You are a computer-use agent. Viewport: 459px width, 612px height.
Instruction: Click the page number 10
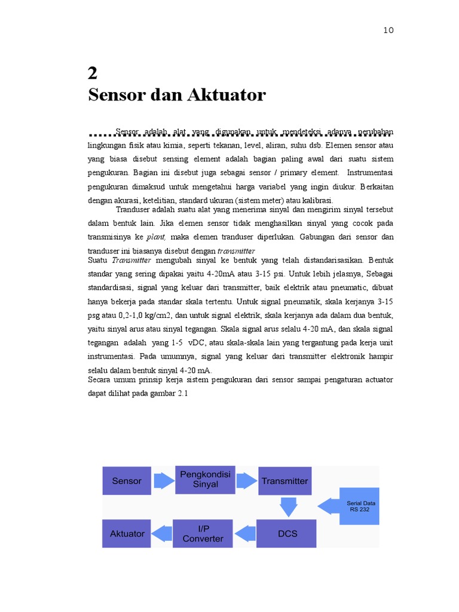pyautogui.click(x=388, y=30)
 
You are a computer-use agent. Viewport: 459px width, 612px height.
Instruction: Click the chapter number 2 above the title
pyautogui.click(x=92, y=74)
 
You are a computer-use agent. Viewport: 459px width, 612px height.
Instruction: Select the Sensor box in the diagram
pyautogui.click(x=126, y=481)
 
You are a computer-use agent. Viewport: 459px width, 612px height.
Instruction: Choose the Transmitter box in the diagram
pyautogui.click(x=284, y=481)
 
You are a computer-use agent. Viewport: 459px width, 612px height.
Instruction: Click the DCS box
pyautogui.click(x=286, y=533)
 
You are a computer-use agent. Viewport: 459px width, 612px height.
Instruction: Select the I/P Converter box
pyautogui.click(x=202, y=533)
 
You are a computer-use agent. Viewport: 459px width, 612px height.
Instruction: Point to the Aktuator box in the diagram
pyautogui.click(x=127, y=533)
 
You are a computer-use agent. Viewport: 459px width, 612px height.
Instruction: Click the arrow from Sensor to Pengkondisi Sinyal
pyautogui.click(x=163, y=481)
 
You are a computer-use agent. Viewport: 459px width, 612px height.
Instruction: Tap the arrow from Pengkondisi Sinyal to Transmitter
pyautogui.click(x=246, y=481)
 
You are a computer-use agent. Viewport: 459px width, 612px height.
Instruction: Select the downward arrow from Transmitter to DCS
pyautogui.click(x=288, y=507)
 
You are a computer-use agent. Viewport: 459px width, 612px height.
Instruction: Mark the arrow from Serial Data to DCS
pyautogui.click(x=328, y=507)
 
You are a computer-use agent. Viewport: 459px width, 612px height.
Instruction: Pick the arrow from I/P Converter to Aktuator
pyautogui.click(x=161, y=532)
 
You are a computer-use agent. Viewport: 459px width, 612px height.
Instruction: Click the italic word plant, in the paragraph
pyautogui.click(x=157, y=237)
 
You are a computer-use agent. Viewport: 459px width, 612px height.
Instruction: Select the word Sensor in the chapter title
pyautogui.click(x=117, y=95)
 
